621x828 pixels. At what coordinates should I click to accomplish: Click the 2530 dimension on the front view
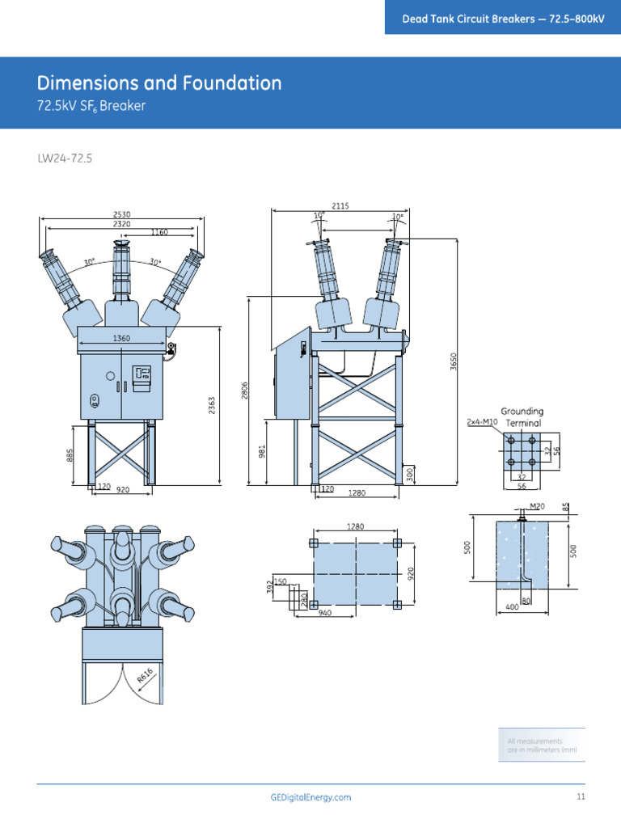pyautogui.click(x=121, y=214)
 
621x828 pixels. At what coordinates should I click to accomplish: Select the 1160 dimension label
pyautogui.click(x=159, y=232)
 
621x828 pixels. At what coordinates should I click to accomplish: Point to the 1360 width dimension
pyautogui.click(x=121, y=338)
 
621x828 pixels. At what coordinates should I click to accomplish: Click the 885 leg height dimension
pyautogui.click(x=71, y=456)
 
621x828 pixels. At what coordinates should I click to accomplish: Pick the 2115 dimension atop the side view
pyautogui.click(x=340, y=206)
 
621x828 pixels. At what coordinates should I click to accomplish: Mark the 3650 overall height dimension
pyautogui.click(x=454, y=361)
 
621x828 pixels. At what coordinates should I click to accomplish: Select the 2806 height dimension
pyautogui.click(x=244, y=390)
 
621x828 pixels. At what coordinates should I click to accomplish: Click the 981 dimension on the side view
pyautogui.click(x=262, y=451)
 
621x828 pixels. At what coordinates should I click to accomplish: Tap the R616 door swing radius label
pyautogui.click(x=146, y=675)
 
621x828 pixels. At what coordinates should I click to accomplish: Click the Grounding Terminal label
pyautogui.click(x=523, y=417)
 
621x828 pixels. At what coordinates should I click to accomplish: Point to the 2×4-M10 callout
pyautogui.click(x=482, y=422)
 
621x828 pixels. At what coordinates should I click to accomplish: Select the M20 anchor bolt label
pyautogui.click(x=537, y=507)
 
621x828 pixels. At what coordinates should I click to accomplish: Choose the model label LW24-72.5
pyautogui.click(x=65, y=158)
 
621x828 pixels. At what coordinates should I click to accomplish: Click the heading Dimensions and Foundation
pyautogui.click(x=159, y=82)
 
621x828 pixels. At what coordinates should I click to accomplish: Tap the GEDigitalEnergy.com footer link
pyautogui.click(x=310, y=797)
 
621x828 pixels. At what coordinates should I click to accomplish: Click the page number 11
pyautogui.click(x=580, y=797)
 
